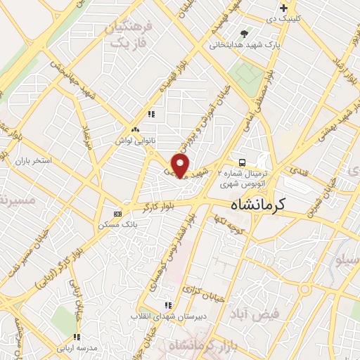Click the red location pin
point(181,165)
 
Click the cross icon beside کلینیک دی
point(283,8)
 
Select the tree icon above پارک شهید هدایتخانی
point(245,33)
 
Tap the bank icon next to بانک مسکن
point(117,214)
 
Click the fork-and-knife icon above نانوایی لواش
point(150,114)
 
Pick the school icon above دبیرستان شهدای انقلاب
point(167,305)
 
